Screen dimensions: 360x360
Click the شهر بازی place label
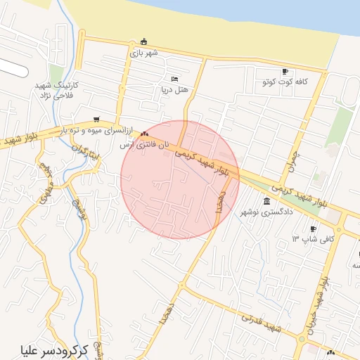143,52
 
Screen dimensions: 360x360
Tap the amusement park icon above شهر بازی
144,41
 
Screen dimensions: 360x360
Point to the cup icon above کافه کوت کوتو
285,71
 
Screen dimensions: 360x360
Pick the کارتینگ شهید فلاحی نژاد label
57,89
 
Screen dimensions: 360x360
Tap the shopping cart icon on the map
96,120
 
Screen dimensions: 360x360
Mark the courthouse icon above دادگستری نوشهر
266,202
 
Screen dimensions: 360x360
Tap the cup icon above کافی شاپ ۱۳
313,229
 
